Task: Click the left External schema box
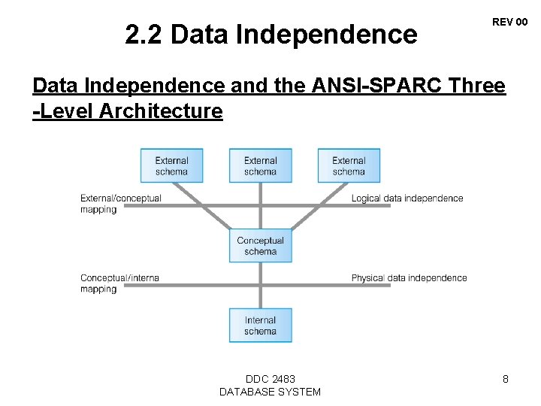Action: click(172, 165)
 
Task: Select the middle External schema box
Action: click(261, 165)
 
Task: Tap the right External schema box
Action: click(349, 165)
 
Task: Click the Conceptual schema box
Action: click(261, 246)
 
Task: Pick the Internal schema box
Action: click(261, 326)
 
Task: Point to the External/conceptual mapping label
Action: click(121, 204)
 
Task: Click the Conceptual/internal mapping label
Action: click(120, 283)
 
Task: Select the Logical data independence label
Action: click(407, 198)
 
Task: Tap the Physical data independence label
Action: click(409, 278)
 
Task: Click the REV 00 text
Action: click(509, 23)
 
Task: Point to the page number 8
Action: click(506, 380)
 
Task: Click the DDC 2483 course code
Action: click(270, 379)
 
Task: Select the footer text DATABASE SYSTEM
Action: click(270, 392)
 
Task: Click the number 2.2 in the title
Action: click(143, 35)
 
